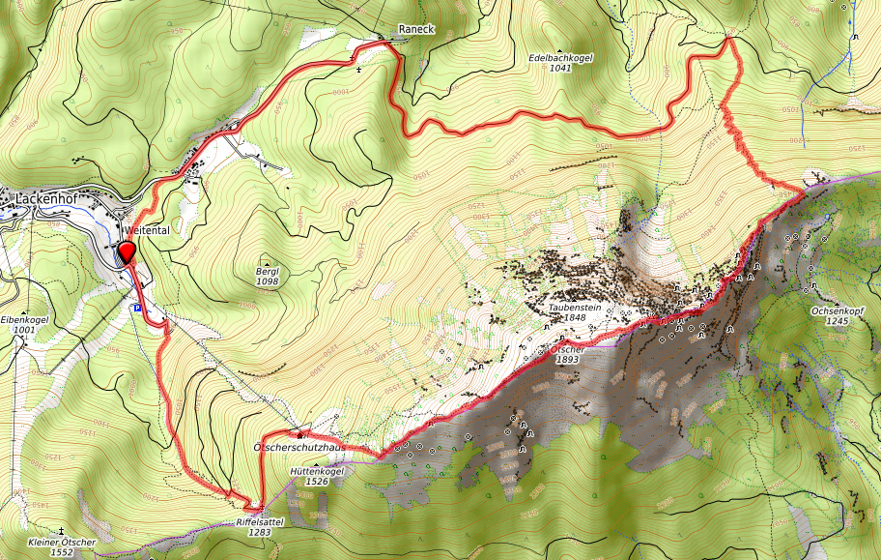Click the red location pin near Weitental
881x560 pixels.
click(x=125, y=253)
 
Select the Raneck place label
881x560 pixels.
click(x=416, y=29)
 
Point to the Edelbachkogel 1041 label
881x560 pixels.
click(x=560, y=63)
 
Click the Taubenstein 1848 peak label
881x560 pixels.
click(x=575, y=312)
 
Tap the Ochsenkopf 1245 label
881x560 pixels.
click(x=837, y=316)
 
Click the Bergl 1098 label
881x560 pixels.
click(x=268, y=277)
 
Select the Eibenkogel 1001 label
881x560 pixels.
click(x=24, y=324)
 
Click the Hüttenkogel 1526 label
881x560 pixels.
click(x=317, y=476)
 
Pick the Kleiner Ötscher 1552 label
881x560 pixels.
click(x=62, y=547)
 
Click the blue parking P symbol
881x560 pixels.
click(x=137, y=309)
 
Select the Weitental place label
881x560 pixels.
click(x=147, y=230)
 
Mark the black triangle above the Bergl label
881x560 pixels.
click(x=268, y=261)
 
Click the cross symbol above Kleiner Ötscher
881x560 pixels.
click(x=62, y=532)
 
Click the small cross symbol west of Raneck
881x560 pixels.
click(x=360, y=70)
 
